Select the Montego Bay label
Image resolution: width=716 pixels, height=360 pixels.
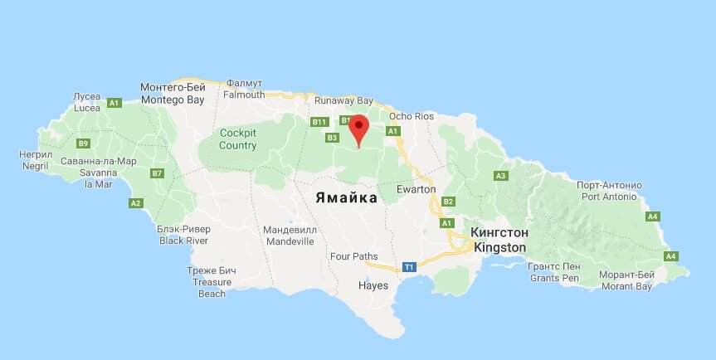(x=172, y=93)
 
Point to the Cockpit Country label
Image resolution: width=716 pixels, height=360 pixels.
(x=238, y=139)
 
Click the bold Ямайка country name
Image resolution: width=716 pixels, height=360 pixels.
(x=345, y=197)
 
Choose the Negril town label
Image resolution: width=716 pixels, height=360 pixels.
(x=36, y=160)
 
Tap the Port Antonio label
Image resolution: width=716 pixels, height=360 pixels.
(x=609, y=191)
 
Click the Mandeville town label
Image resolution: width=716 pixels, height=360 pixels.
(x=290, y=235)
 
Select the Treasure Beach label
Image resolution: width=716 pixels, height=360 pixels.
(x=212, y=282)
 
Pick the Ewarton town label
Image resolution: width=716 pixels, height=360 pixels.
(x=416, y=190)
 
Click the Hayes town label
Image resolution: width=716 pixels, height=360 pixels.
(x=373, y=285)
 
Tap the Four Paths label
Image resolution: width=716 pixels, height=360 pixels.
(x=353, y=256)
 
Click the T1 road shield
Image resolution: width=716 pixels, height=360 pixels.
(x=409, y=267)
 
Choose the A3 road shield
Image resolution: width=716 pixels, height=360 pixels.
(x=500, y=176)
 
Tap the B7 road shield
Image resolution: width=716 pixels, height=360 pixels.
(x=157, y=173)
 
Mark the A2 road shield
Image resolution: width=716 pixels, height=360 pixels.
(x=136, y=203)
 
